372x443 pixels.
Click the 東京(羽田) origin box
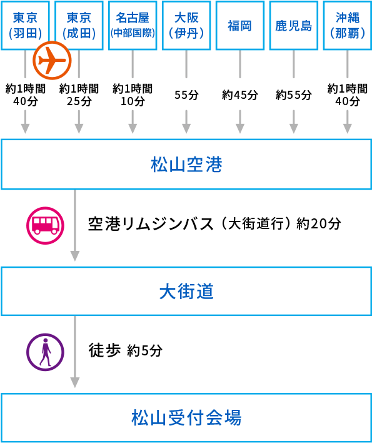pyautogui.click(x=25, y=25)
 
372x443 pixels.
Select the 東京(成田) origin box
pyautogui.click(x=79, y=25)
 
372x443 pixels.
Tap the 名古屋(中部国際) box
pyautogui.click(x=133, y=25)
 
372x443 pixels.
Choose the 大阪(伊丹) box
pyautogui.click(x=186, y=25)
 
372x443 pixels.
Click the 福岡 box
pyautogui.click(x=240, y=25)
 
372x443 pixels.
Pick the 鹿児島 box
pyautogui.click(x=294, y=25)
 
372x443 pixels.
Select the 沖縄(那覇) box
pyautogui.click(x=347, y=25)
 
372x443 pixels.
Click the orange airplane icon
pyautogui.click(x=52, y=61)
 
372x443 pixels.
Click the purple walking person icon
pyautogui.click(x=45, y=352)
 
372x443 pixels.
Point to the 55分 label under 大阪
pyautogui.click(x=186, y=95)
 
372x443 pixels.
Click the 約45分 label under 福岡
pyautogui.click(x=240, y=95)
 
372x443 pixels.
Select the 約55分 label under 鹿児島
pyautogui.click(x=294, y=95)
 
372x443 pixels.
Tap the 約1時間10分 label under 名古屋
pyautogui.click(x=133, y=94)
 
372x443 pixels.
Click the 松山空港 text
pyautogui.click(x=186, y=165)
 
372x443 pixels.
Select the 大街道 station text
pyautogui.click(x=186, y=291)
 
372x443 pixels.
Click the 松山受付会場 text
pyautogui.click(x=186, y=417)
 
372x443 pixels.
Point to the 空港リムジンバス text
pyautogui.click(x=153, y=223)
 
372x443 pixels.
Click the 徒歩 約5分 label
pyautogui.click(x=126, y=350)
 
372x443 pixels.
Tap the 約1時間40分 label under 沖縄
pyautogui.click(x=347, y=94)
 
